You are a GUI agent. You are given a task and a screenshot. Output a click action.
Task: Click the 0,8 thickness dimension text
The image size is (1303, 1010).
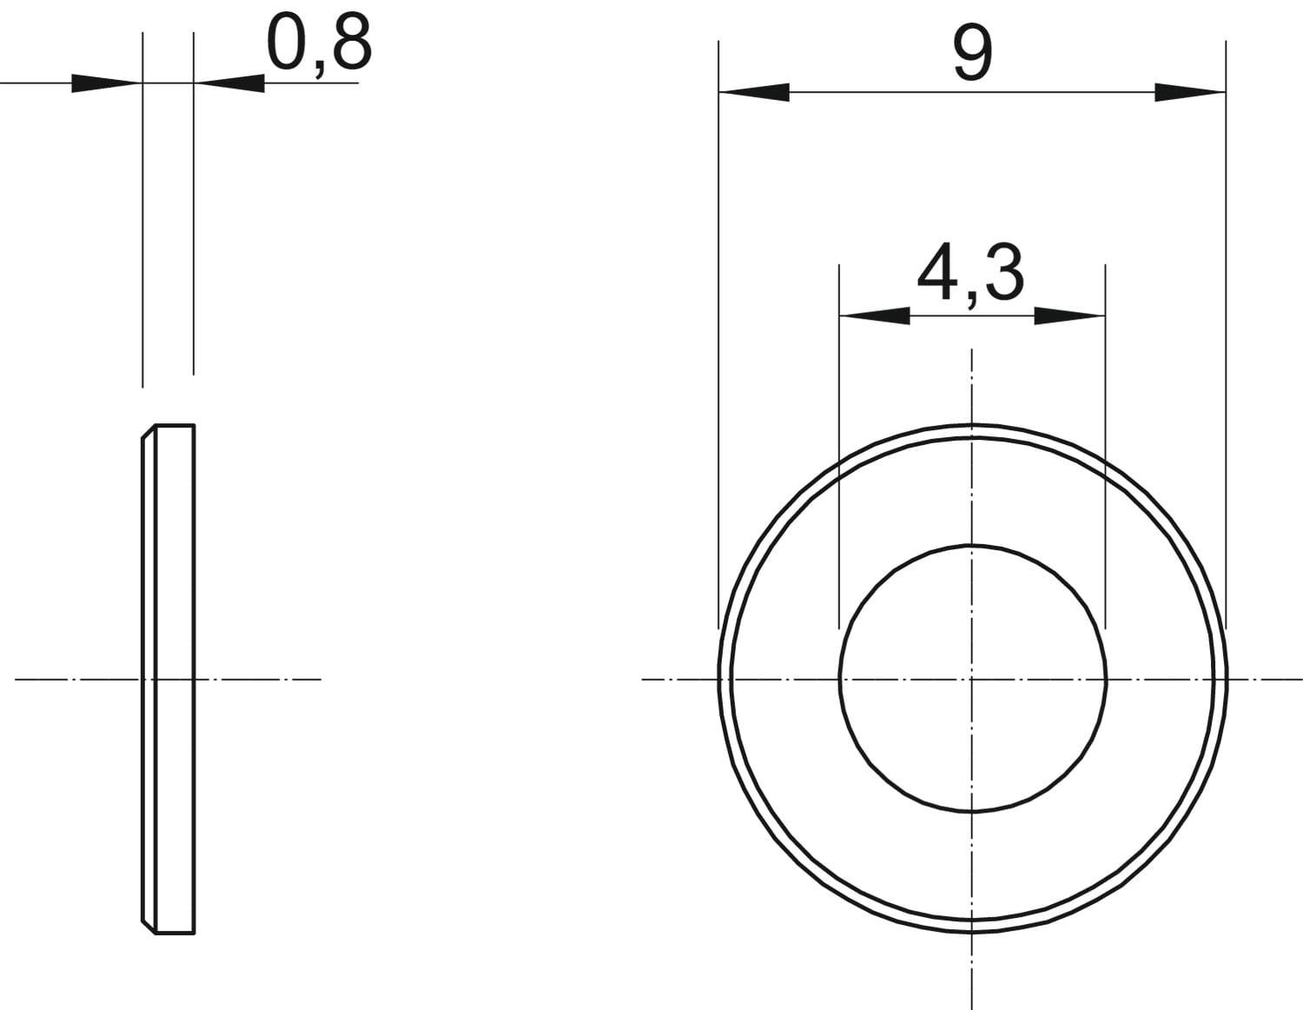[319, 45]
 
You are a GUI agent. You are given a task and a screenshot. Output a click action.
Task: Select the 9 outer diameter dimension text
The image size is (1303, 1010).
[973, 54]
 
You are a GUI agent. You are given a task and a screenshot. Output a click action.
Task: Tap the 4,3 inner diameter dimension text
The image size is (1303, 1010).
[970, 273]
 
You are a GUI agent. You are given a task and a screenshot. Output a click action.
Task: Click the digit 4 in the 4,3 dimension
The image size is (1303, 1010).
[936, 270]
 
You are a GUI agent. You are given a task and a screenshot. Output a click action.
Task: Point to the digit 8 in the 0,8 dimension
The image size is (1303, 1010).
[352, 42]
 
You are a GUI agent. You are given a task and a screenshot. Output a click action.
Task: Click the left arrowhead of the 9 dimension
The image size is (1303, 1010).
[754, 92]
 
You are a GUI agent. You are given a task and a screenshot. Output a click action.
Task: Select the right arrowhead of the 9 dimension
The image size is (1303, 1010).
[1190, 92]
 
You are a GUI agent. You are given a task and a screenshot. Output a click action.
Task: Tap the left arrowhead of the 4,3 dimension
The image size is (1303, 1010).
[875, 316]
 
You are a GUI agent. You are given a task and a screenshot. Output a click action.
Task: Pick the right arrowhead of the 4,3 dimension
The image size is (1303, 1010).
[1069, 316]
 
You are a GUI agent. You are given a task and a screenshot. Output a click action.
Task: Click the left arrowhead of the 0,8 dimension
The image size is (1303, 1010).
[107, 83]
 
